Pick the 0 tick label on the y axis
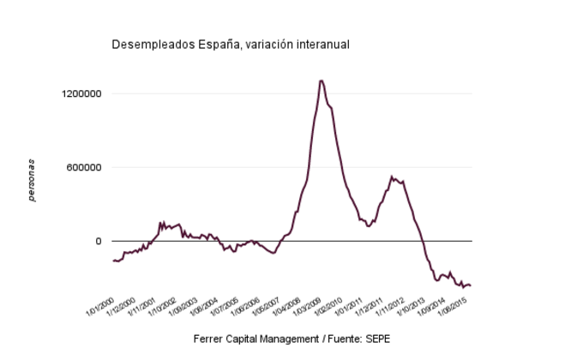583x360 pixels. pos(99,241)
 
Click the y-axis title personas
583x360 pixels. pos(32,180)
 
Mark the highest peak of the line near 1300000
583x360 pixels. pos(321,81)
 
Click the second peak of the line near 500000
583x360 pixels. pos(392,177)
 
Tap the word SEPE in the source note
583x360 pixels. pos(377,339)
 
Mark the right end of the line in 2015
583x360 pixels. pos(471,285)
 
